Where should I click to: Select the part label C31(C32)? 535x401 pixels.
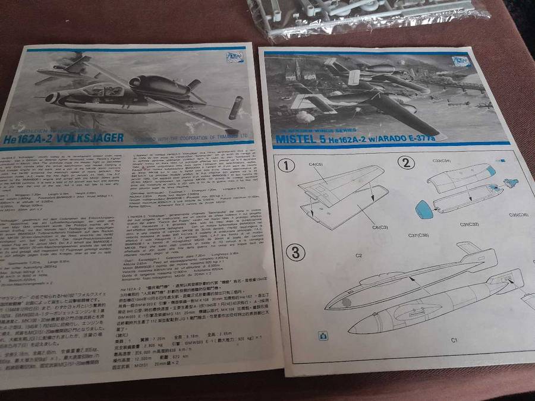(x=454, y=223)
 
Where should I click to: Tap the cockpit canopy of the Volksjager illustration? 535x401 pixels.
(x=95, y=89)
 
